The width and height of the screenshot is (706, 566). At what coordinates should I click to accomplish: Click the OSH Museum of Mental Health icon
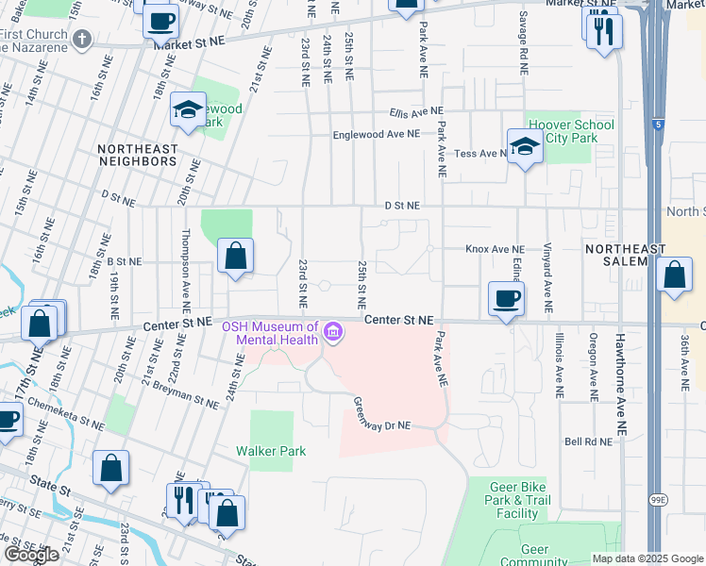point(332,333)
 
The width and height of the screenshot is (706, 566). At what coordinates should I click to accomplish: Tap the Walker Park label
point(271,451)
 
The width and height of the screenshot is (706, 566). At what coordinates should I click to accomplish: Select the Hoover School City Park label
point(571,131)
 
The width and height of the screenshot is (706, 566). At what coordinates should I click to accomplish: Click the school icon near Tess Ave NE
point(523,146)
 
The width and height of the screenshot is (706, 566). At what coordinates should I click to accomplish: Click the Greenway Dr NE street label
point(382,412)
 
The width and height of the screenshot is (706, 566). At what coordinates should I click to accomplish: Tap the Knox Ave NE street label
point(495,249)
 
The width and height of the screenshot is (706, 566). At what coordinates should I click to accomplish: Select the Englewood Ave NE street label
point(376,135)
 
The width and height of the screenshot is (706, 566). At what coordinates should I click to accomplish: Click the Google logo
point(31,555)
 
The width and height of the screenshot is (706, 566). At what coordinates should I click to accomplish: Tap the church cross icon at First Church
point(82,39)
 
